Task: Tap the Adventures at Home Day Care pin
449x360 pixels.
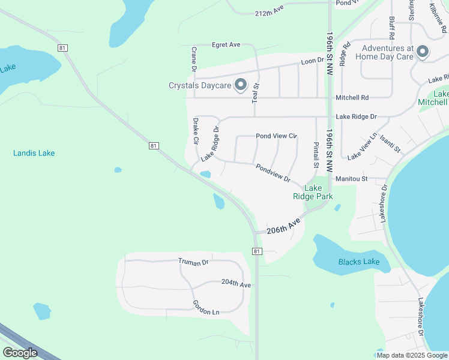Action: (x=423, y=52)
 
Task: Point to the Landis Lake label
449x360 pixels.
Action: (x=34, y=153)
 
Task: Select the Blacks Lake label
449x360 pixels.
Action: (x=358, y=262)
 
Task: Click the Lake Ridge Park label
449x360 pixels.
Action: (x=313, y=192)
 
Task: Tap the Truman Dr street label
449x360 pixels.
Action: (x=193, y=262)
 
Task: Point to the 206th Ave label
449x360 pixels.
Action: (x=283, y=227)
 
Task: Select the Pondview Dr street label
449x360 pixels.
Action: (x=273, y=173)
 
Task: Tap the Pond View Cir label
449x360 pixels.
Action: (x=277, y=136)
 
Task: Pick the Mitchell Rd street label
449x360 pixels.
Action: (x=352, y=97)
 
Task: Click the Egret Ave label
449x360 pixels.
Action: (x=226, y=44)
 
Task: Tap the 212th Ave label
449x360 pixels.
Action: (x=269, y=13)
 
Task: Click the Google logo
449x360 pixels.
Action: (x=20, y=353)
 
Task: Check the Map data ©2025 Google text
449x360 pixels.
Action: (x=411, y=355)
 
